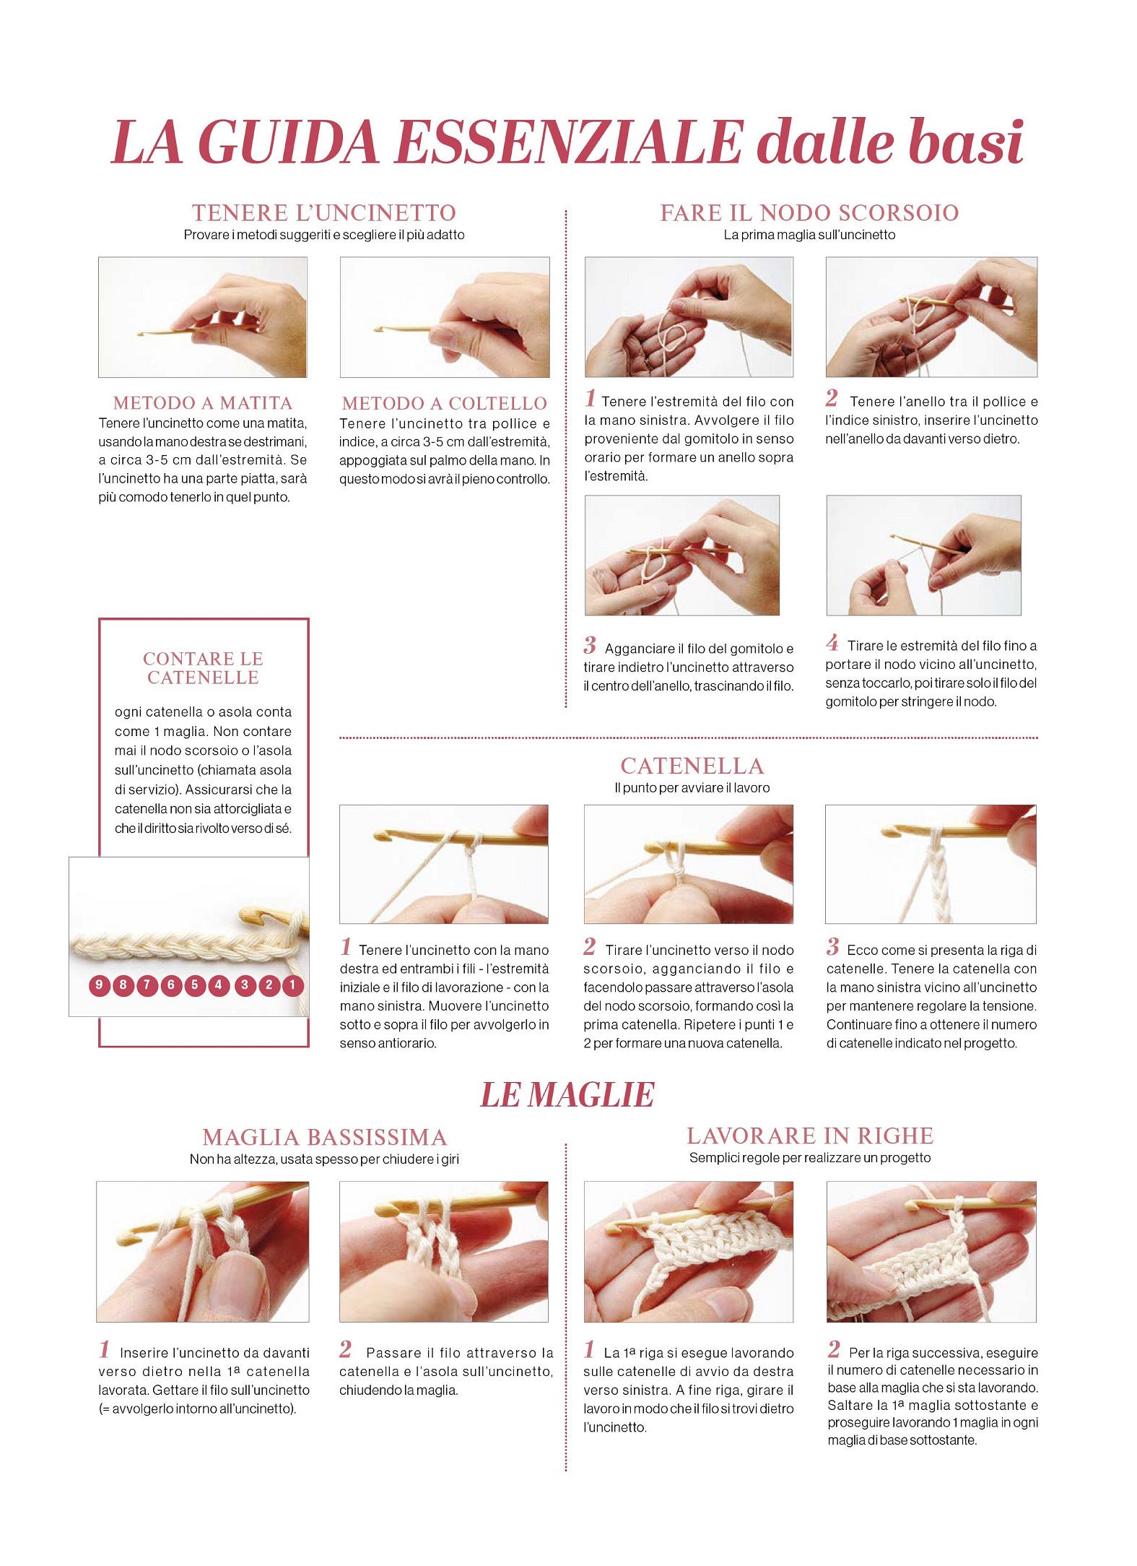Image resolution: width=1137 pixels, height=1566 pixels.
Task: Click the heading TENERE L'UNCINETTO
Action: [x=324, y=213]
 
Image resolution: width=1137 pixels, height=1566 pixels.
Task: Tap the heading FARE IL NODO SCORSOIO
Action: [x=809, y=213]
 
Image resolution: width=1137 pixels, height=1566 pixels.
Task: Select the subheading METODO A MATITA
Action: [x=203, y=403]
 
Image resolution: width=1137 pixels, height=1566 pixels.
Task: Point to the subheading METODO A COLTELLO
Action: [x=445, y=403]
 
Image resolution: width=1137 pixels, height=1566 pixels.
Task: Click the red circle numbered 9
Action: [x=100, y=985]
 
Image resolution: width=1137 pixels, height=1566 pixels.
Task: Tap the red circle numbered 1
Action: [x=292, y=985]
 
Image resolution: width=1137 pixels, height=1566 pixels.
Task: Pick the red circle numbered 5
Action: [x=194, y=985]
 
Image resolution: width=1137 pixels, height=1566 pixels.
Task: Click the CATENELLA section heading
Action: [x=692, y=766]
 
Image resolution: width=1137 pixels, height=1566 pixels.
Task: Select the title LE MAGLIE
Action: [x=567, y=1095]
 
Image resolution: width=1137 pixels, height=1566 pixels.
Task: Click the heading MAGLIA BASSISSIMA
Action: [x=325, y=1138]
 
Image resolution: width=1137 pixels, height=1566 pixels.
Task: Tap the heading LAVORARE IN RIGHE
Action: [x=810, y=1136]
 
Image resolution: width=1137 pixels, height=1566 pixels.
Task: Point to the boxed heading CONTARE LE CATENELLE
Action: [x=203, y=668]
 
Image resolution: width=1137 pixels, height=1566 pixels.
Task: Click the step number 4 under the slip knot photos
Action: [x=832, y=642]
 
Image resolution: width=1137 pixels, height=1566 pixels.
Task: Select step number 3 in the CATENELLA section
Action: [x=833, y=946]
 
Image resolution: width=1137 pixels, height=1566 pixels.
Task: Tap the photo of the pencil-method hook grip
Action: [x=203, y=317]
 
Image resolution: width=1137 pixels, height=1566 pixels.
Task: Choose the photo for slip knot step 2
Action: [x=931, y=317]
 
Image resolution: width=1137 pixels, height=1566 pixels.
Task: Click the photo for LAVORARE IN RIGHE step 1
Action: [x=689, y=1252]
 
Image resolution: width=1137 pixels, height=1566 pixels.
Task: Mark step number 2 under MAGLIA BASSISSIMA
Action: [x=346, y=1349]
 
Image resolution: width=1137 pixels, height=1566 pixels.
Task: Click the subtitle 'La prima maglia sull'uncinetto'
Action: [x=809, y=235]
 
